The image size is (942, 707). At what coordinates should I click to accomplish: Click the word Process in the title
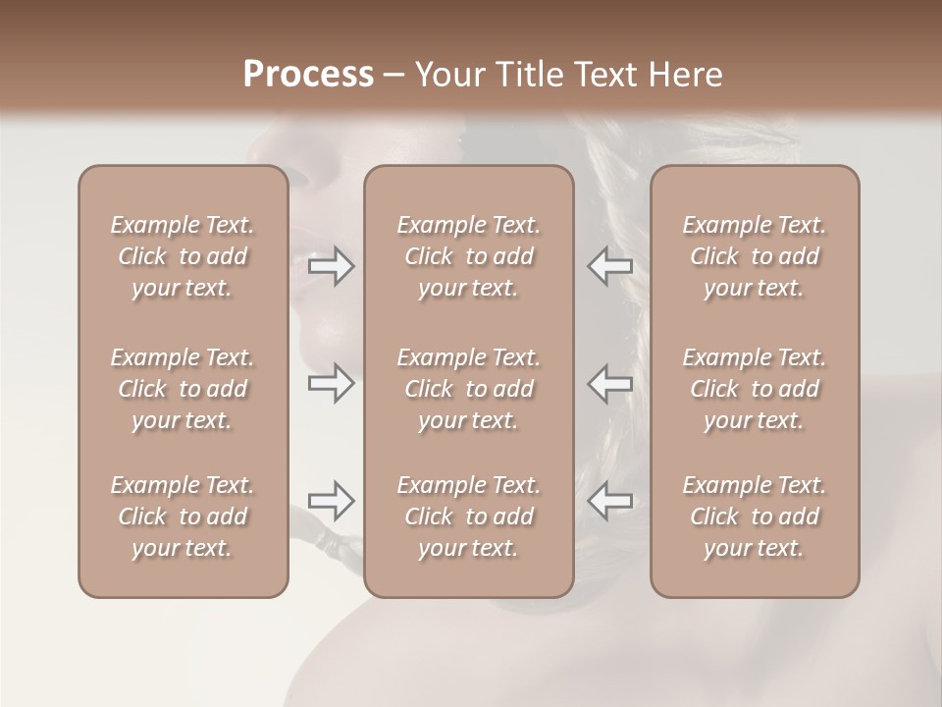308,75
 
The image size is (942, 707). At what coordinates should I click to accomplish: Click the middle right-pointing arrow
332,383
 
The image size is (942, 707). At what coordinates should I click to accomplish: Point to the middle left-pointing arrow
609,383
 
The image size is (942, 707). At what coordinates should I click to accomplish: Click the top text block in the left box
183,256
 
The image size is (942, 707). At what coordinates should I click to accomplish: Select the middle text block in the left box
183,389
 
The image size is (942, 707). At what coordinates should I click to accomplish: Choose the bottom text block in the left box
183,517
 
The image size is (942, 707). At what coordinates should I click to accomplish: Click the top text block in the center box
468,256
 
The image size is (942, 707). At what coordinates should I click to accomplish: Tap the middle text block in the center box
468,389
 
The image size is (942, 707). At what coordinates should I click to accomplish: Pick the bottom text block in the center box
468,517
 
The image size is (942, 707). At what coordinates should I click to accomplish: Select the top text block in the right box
754,256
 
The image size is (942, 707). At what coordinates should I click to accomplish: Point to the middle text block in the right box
754,389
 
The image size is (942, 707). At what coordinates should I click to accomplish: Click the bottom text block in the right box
754,517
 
